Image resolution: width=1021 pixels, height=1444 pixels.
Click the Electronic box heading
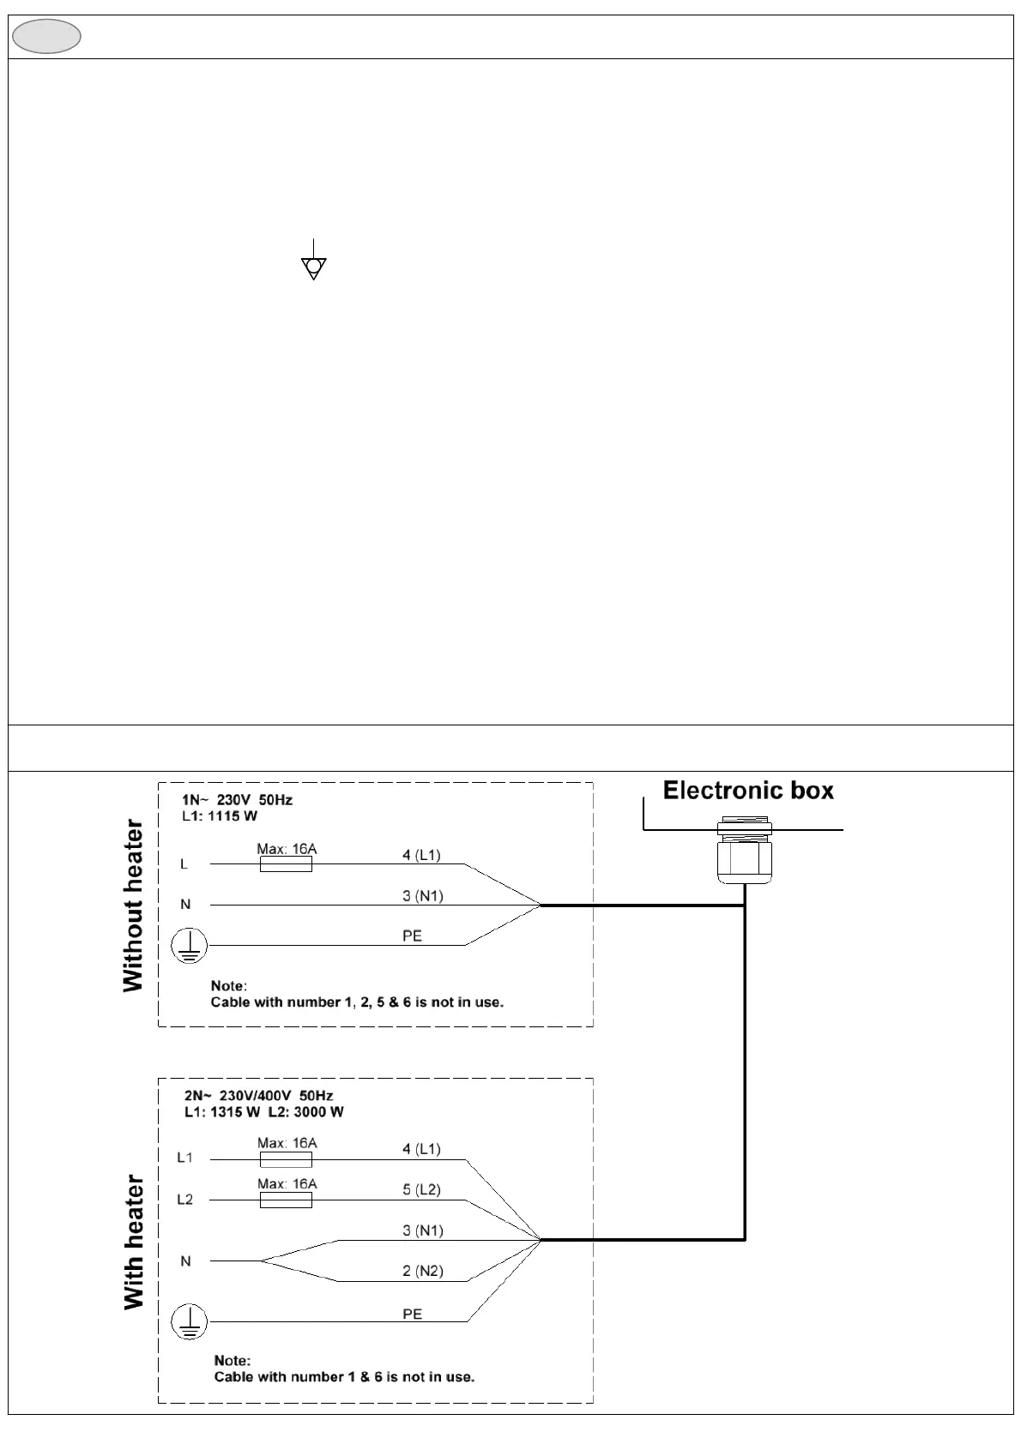click(x=748, y=791)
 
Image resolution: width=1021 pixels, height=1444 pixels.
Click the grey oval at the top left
click(x=47, y=37)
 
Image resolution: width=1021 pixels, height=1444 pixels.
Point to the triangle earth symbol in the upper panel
click(x=314, y=267)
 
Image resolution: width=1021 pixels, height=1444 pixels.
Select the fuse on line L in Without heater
click(x=286, y=864)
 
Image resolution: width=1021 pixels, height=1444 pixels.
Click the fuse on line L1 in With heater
click(x=286, y=1159)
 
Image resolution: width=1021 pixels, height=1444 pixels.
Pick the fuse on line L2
click(x=286, y=1200)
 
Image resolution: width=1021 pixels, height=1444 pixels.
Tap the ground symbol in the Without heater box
click(x=190, y=946)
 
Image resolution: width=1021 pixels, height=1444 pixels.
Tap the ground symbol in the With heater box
click(x=190, y=1321)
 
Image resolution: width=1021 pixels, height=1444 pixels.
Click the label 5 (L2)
click(x=421, y=1189)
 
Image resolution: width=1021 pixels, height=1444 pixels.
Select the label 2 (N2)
click(x=423, y=1271)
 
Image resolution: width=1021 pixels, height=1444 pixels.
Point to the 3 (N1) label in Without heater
click(x=423, y=896)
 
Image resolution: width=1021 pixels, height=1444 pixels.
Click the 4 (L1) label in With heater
click(x=421, y=1149)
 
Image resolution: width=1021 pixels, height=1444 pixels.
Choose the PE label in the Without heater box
click(x=412, y=936)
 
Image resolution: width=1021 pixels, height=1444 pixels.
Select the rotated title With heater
click(x=134, y=1242)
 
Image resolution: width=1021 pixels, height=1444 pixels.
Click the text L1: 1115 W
click(x=220, y=815)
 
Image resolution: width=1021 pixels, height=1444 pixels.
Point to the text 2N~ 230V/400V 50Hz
click(x=258, y=1095)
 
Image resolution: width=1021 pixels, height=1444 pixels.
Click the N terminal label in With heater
click(x=185, y=1260)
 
